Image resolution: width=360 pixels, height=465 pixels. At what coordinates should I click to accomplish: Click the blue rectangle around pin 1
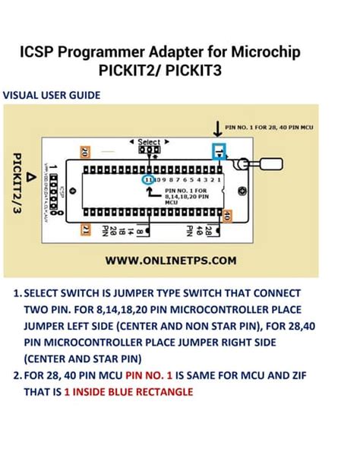[x=219, y=150]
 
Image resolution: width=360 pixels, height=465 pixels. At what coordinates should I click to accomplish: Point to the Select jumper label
[x=149, y=141]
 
